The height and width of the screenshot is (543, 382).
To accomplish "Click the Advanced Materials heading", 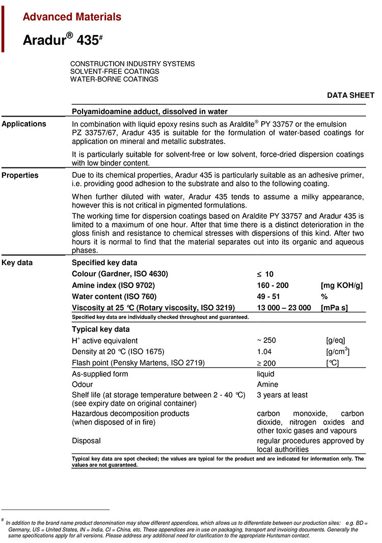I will pyautogui.click(x=72, y=17).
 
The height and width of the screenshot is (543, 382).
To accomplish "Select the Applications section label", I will pyautogui.click(x=24, y=124).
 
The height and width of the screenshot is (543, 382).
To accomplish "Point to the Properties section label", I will pyautogui.click(x=20, y=175).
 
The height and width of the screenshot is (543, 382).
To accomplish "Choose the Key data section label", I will pyautogui.click(x=17, y=263).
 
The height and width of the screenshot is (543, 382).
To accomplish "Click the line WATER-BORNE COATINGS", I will pyautogui.click(x=114, y=79).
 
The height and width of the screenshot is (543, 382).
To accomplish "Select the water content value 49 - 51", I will pyautogui.click(x=268, y=296).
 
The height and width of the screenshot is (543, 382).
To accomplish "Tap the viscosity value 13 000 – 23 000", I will pyautogui.click(x=284, y=307).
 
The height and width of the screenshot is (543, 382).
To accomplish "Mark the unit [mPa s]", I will pyautogui.click(x=334, y=307).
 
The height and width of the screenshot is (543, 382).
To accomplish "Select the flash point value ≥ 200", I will pyautogui.click(x=267, y=362).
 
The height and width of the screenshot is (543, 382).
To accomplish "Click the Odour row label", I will pyautogui.click(x=82, y=385).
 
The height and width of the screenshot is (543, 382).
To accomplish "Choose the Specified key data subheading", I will pyautogui.click(x=104, y=263).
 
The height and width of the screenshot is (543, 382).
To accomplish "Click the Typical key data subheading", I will pyautogui.click(x=101, y=329).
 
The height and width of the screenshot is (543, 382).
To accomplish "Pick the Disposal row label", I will pyautogui.click(x=86, y=441).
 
